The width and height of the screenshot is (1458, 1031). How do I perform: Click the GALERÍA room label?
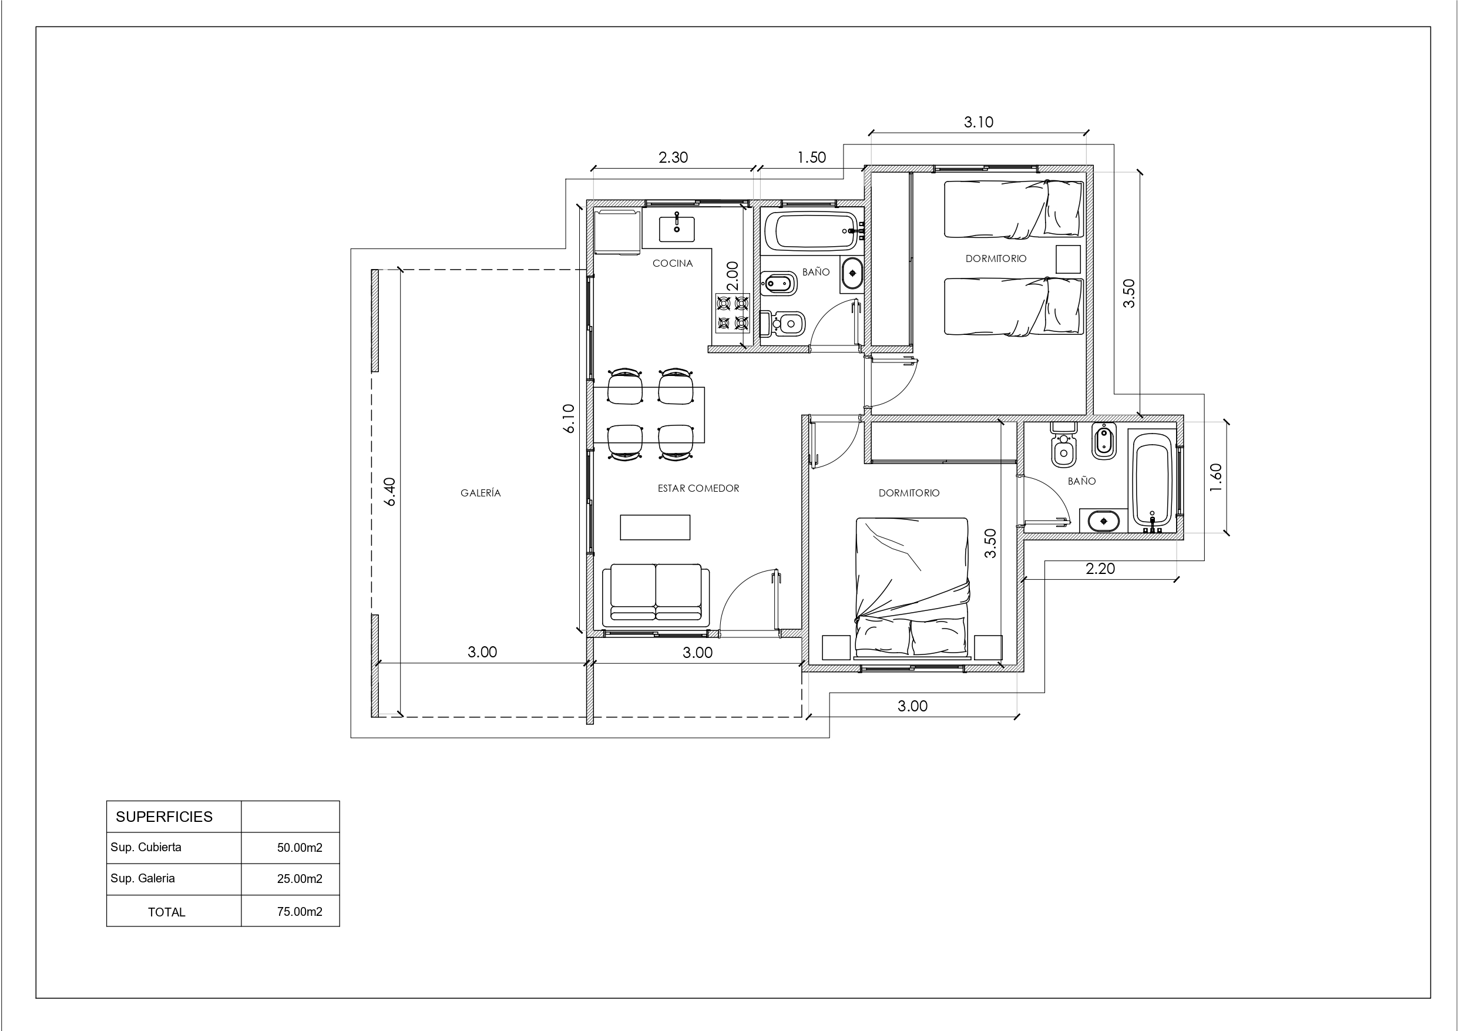(x=480, y=493)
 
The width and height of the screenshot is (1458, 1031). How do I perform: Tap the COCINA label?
(x=673, y=263)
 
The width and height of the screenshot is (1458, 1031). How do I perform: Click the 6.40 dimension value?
(x=390, y=492)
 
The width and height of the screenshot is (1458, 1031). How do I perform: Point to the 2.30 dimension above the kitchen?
(x=673, y=157)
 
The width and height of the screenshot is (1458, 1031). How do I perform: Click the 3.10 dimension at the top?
(x=979, y=122)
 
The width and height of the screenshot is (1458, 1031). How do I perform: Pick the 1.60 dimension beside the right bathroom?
(x=1216, y=477)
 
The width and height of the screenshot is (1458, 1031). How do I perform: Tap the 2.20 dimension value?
(x=1100, y=569)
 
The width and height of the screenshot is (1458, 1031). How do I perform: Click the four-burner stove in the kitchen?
(x=733, y=313)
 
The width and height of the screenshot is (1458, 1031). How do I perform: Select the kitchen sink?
(x=676, y=229)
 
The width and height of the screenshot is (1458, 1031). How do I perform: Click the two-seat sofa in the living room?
(x=656, y=595)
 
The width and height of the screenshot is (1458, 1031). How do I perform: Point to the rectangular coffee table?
(x=655, y=528)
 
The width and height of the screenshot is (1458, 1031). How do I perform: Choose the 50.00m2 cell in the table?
(x=300, y=847)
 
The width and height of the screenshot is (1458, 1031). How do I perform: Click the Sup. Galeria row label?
(x=143, y=878)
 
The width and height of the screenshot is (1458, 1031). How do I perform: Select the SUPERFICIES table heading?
(x=164, y=817)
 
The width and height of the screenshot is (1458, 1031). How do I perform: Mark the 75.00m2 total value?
(x=300, y=912)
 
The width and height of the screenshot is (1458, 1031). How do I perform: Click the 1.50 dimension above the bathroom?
(x=812, y=157)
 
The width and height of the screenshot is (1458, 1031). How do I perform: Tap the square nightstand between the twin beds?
(x=1068, y=259)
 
